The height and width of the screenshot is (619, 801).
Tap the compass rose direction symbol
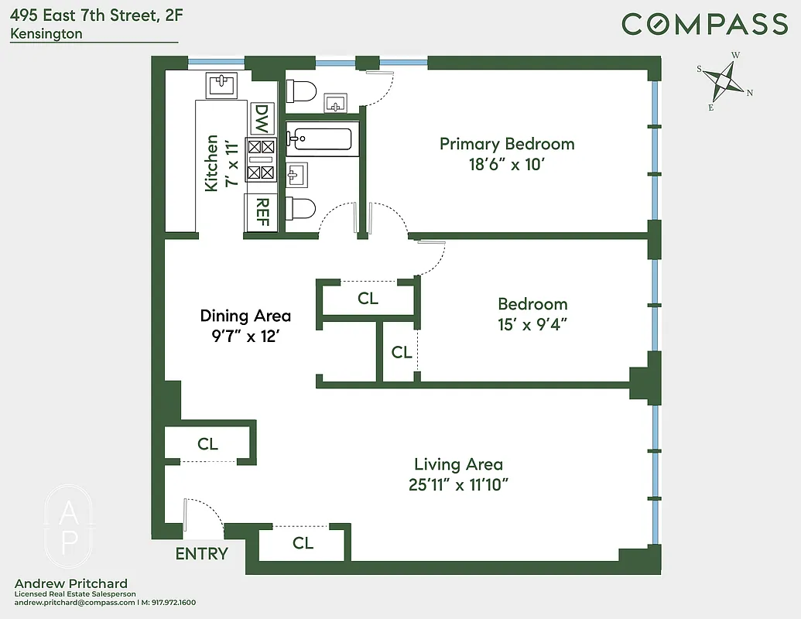[725, 80]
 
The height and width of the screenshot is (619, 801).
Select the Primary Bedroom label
[507, 144]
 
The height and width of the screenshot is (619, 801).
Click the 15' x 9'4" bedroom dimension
[532, 324]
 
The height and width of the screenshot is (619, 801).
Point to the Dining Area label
[245, 316]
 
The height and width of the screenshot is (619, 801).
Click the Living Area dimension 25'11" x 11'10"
[458, 485]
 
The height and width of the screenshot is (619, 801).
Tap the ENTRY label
[201, 553]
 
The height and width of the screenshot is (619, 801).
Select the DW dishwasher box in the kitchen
[262, 120]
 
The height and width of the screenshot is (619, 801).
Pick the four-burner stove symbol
[261, 159]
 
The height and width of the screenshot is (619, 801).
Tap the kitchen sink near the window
[223, 83]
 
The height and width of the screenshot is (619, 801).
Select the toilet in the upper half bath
[302, 91]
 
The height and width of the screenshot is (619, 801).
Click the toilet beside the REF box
[301, 209]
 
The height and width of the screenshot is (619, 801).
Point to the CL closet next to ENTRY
[303, 543]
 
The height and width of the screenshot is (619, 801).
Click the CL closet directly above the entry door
[207, 444]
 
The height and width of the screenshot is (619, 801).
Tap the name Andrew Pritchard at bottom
[71, 583]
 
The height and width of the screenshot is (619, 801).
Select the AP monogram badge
[68, 525]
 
